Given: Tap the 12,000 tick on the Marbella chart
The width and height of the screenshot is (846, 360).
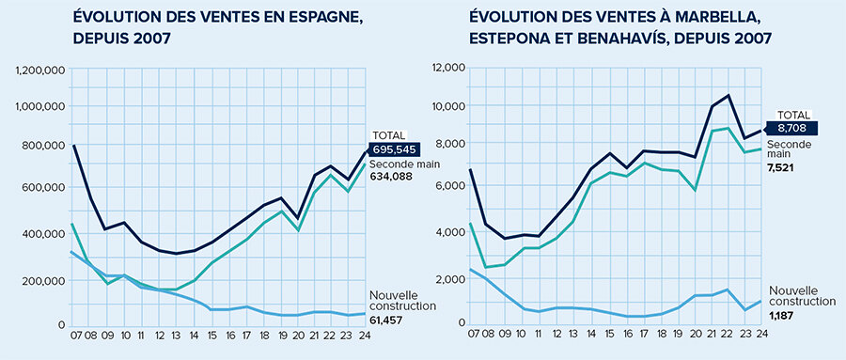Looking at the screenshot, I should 449,68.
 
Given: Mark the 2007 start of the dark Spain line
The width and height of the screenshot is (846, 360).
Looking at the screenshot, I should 74,146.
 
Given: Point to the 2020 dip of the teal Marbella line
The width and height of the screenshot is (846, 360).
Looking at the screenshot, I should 695,190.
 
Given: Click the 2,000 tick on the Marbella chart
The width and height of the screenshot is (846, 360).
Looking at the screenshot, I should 452,279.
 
